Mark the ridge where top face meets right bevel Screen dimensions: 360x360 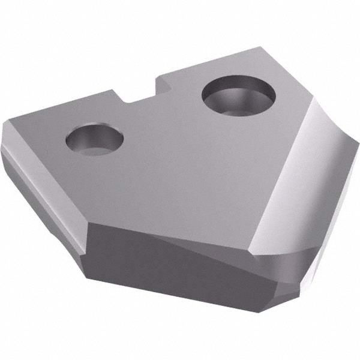click(282, 162)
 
